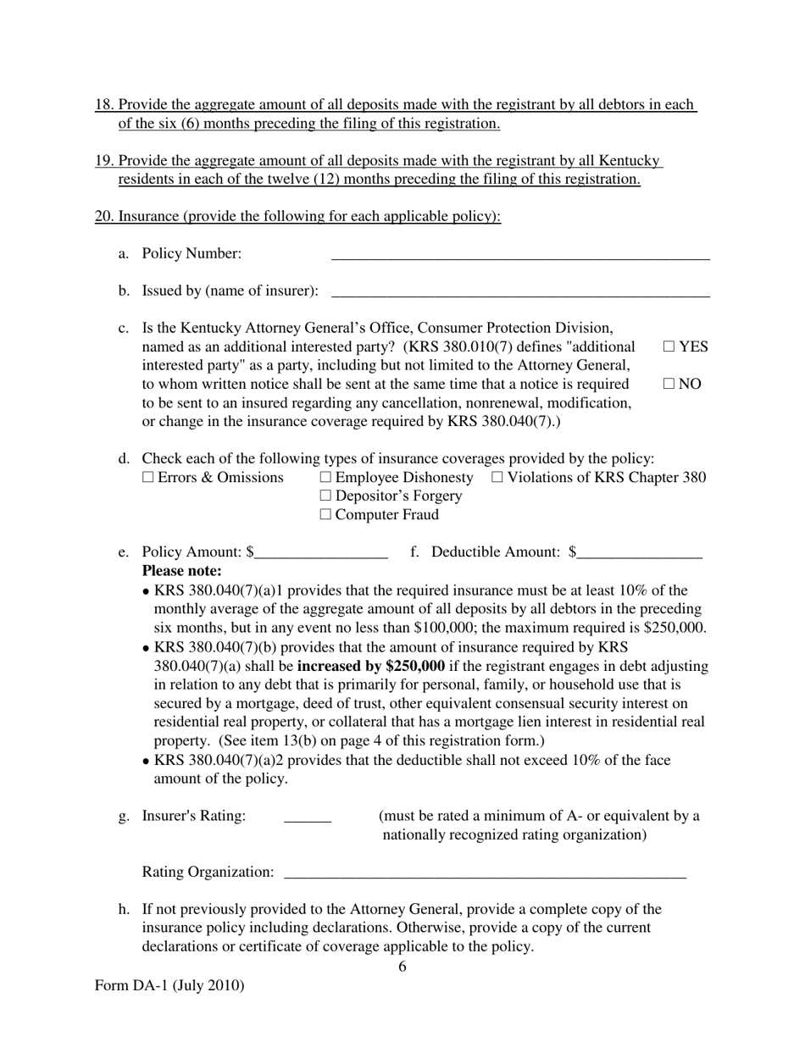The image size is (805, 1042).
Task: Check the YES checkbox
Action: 669,346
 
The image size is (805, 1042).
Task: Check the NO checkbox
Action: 669,384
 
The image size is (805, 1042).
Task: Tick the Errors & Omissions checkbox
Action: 148,478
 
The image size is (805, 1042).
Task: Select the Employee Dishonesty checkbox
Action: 326,478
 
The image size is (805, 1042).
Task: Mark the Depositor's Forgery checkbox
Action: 326,496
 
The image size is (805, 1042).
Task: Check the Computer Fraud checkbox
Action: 326,515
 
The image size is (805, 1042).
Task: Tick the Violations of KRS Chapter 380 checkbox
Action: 497,478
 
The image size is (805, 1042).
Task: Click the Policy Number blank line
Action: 519,255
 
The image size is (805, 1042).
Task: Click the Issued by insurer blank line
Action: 519,292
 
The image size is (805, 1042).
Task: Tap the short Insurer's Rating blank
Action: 307,818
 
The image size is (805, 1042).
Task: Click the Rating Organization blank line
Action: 485,873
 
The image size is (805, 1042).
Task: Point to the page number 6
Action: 402,967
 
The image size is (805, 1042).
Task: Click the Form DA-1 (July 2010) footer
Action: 169,985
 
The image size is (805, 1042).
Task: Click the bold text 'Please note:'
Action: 181,571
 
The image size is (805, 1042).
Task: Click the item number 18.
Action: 103,105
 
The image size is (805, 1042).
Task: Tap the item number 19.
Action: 103,161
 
